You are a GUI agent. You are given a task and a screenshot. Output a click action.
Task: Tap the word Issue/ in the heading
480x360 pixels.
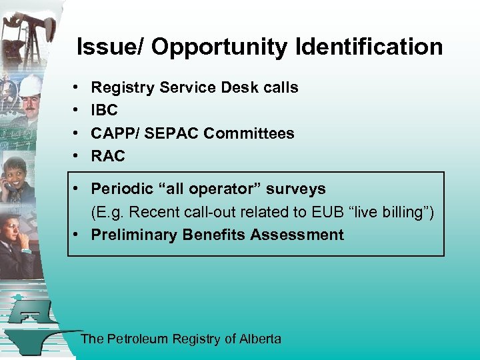click(111, 47)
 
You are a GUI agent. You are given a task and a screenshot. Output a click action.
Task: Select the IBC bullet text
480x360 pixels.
click(104, 111)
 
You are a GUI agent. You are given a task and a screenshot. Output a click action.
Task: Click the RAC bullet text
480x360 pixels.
click(108, 156)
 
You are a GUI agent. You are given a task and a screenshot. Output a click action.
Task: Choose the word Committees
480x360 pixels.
click(249, 133)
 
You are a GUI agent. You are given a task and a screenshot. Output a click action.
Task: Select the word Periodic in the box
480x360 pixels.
click(121, 189)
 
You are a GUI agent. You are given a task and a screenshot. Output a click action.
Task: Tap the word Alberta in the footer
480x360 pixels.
click(260, 339)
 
